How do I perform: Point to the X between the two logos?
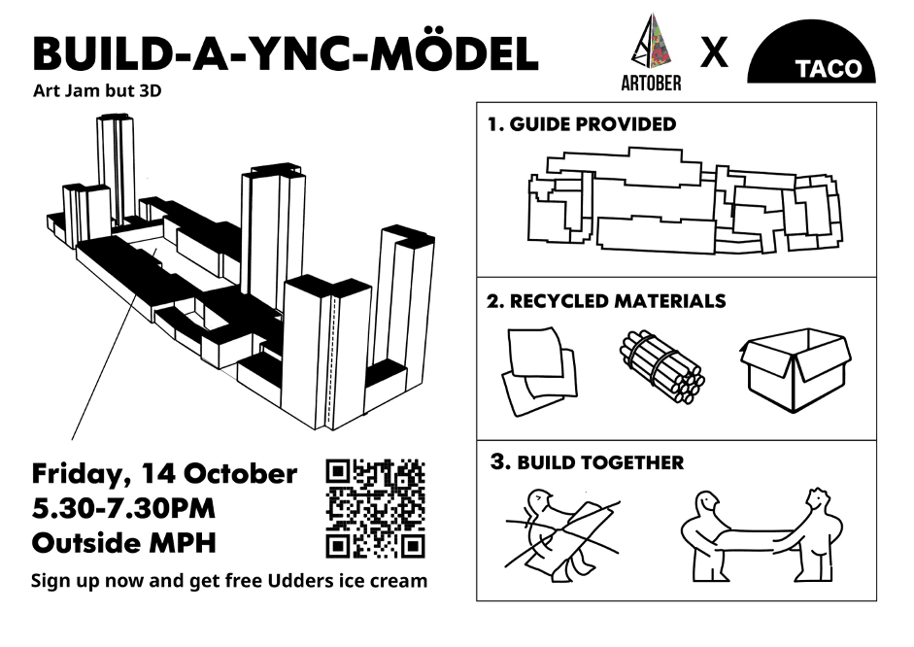[x=714, y=53]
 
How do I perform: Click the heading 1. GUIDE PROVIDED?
[x=582, y=124]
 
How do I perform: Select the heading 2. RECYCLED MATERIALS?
[x=606, y=301]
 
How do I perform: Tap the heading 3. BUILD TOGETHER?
[x=587, y=462]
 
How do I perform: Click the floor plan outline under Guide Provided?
[x=680, y=201]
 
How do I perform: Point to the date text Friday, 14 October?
[x=164, y=474]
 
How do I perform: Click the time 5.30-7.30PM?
[x=123, y=508]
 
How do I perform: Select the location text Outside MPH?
[x=122, y=542]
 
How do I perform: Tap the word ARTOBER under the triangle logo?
[x=650, y=84]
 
